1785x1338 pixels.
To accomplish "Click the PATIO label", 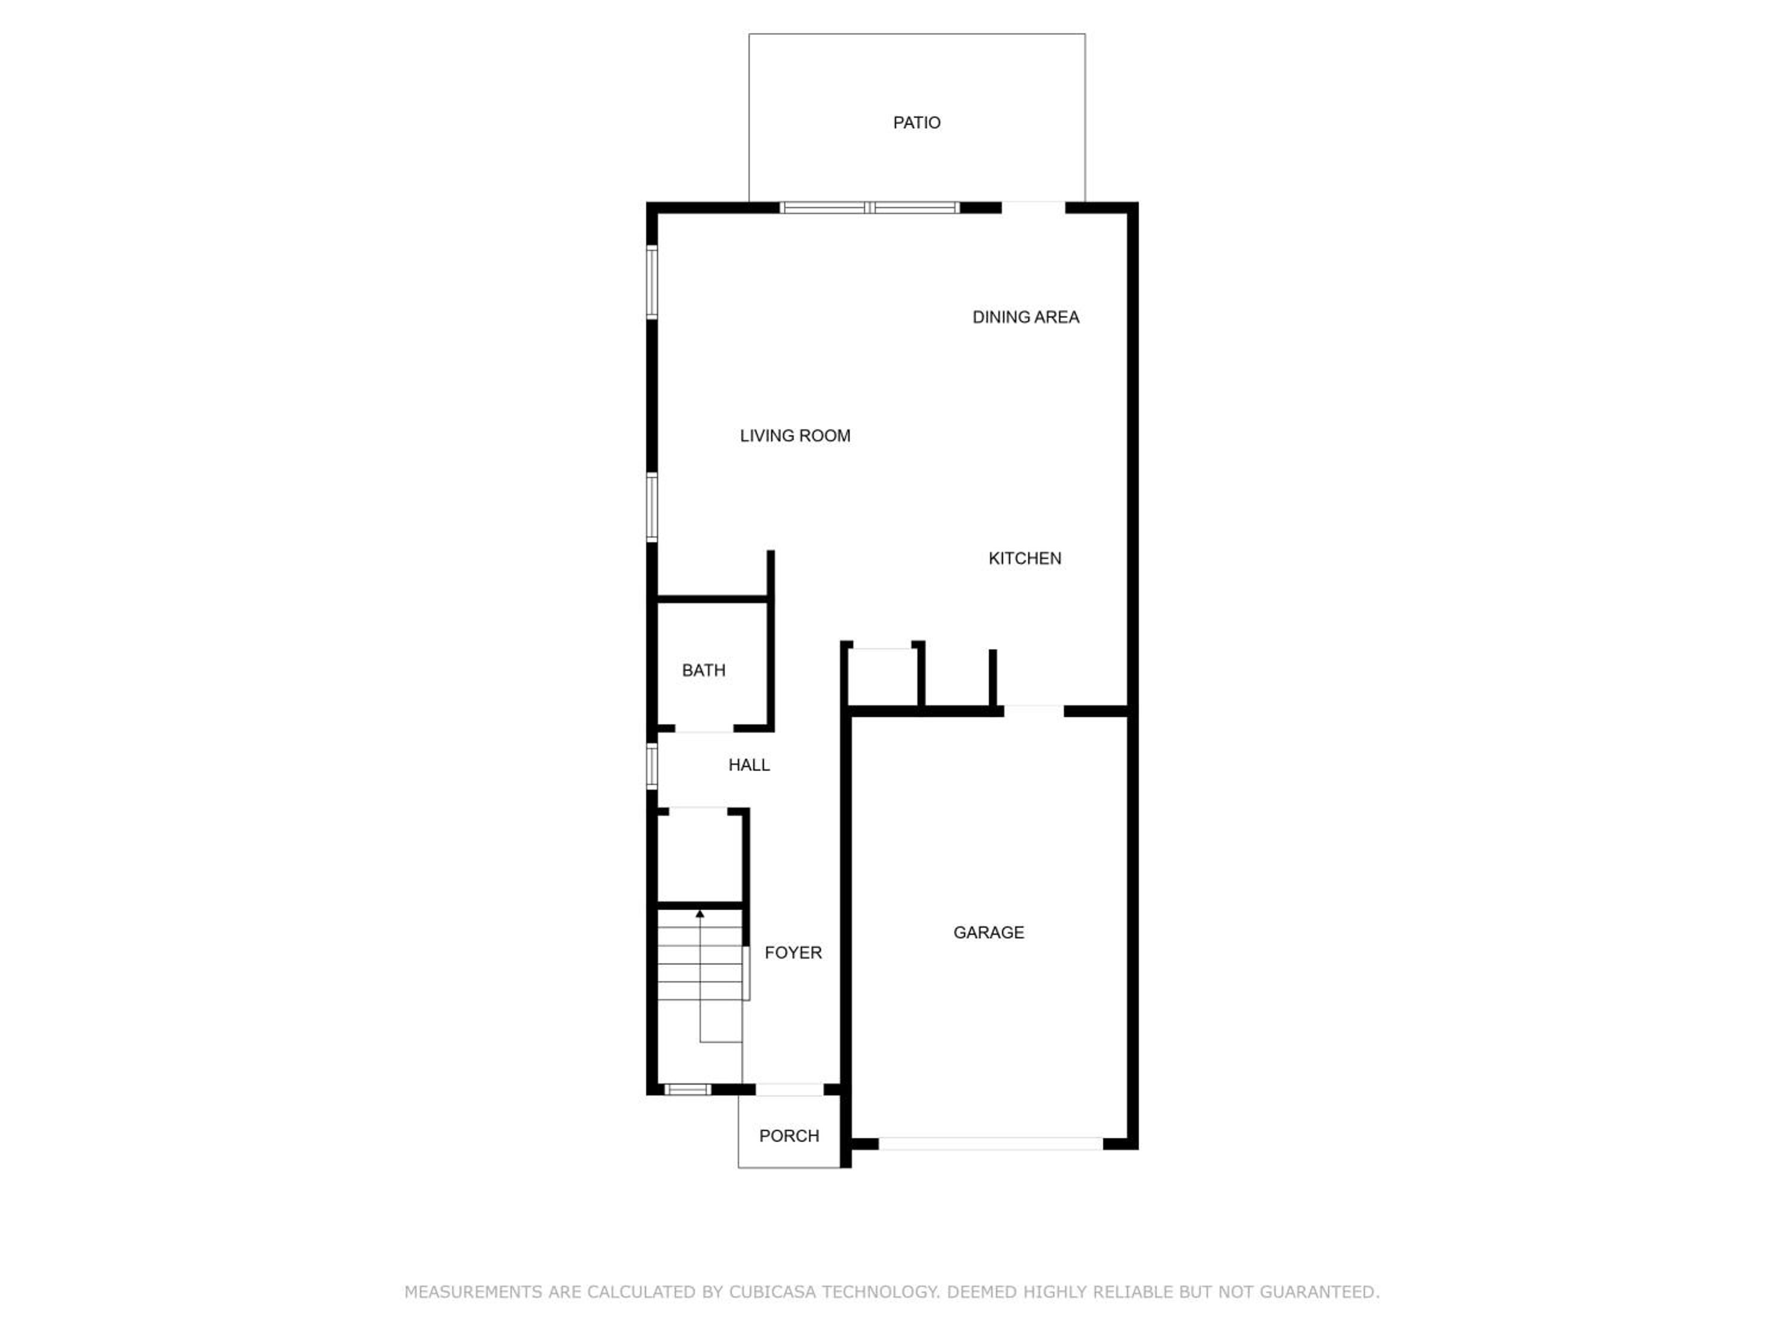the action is pyautogui.click(x=917, y=123).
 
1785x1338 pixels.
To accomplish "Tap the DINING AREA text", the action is pyautogui.click(x=1026, y=317).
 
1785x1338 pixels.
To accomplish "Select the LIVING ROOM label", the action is pyautogui.click(x=795, y=435).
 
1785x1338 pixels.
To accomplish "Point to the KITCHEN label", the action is pyautogui.click(x=1025, y=558).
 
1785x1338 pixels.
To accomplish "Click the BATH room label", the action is pyautogui.click(x=704, y=670).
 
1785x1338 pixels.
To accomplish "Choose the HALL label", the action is pyautogui.click(x=749, y=765).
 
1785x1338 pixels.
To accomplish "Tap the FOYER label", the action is pyautogui.click(x=793, y=953).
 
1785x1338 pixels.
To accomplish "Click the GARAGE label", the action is pyautogui.click(x=988, y=932).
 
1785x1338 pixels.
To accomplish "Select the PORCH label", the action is pyautogui.click(x=789, y=1136).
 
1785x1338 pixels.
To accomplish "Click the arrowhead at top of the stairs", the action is pyautogui.click(x=700, y=914).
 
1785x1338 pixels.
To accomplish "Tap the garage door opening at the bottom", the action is pyautogui.click(x=990, y=1144).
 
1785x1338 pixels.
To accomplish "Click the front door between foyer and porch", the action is pyautogui.click(x=789, y=1089).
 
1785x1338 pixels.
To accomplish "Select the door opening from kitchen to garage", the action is pyautogui.click(x=1034, y=711).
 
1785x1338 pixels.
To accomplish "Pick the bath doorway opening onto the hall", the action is pyautogui.click(x=704, y=728).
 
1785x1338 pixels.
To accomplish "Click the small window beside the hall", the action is pyautogui.click(x=652, y=765).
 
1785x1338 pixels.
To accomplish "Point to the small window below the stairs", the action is pyautogui.click(x=688, y=1089).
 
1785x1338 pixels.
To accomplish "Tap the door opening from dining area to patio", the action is pyautogui.click(x=1034, y=208).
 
